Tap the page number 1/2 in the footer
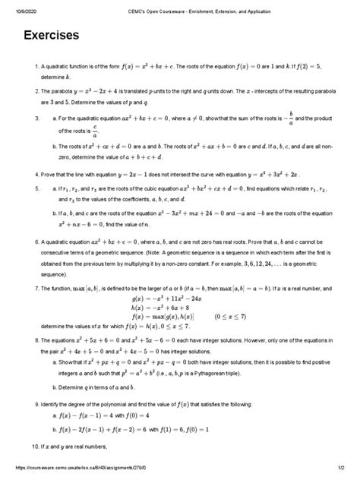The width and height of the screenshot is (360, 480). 343,475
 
